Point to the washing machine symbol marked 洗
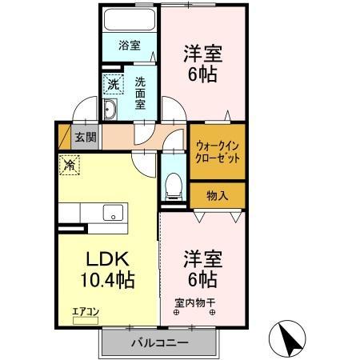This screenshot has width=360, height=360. pyautogui.click(x=113, y=83)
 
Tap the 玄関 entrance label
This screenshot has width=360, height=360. pyautogui.click(x=85, y=137)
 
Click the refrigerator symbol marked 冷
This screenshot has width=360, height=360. pyautogui.click(x=70, y=166)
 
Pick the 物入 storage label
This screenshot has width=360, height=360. pyautogui.click(x=217, y=195)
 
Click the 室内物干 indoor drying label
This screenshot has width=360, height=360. pyautogui.click(x=195, y=302)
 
